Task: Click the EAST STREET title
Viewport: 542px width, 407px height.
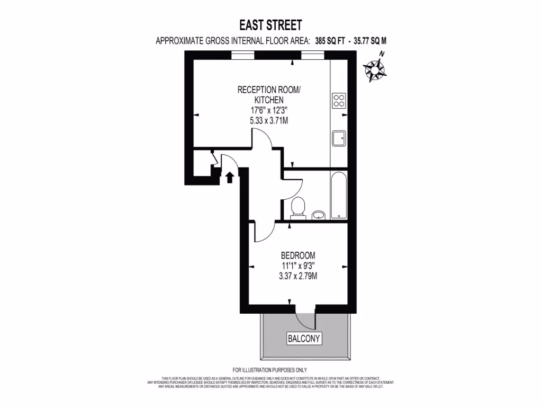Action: tap(270, 25)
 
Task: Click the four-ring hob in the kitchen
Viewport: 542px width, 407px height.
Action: tap(339, 100)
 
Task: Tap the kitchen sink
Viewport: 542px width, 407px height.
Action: tap(339, 138)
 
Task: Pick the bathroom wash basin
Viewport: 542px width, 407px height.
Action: tap(318, 215)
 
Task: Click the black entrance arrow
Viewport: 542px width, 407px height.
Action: tap(230, 177)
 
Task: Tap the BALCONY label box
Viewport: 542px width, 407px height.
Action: tap(304, 338)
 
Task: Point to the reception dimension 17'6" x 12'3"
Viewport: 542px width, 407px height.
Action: tap(269, 110)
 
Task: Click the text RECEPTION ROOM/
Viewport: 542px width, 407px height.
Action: tap(269, 89)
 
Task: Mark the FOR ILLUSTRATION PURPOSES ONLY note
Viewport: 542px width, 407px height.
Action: tap(270, 369)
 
